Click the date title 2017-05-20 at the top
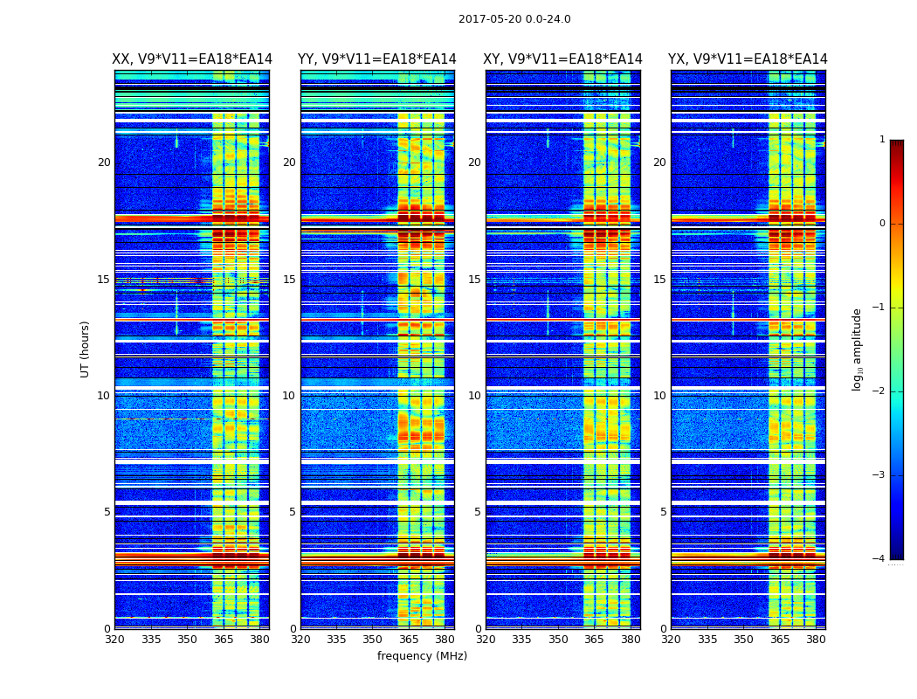click(514, 19)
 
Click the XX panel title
click(192, 59)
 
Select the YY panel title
click(377, 59)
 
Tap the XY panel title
click(562, 59)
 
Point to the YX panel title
click(748, 59)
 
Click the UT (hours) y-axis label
click(86, 349)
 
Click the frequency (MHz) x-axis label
click(422, 656)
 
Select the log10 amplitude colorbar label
click(858, 349)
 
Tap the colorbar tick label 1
click(882, 140)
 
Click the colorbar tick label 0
click(882, 224)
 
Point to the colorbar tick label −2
click(879, 391)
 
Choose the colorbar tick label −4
click(879, 559)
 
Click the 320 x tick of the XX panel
click(114, 640)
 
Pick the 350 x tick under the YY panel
click(373, 640)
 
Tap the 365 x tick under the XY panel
click(594, 640)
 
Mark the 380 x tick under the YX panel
click(816, 640)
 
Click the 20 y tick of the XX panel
click(104, 163)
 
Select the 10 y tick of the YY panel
click(289, 396)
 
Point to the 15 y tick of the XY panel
click(474, 280)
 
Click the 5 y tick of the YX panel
click(663, 512)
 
